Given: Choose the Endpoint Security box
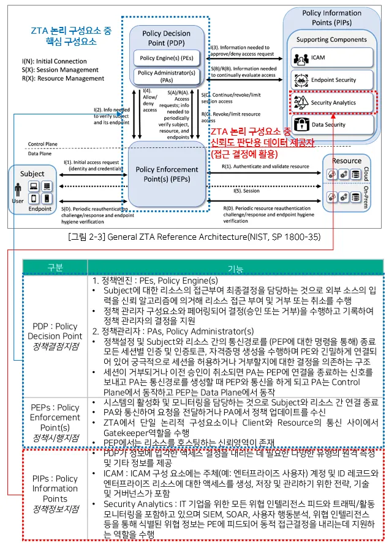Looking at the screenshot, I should click(x=331, y=80).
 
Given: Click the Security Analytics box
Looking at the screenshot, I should click(x=331, y=102).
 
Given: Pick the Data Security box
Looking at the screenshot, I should click(x=331, y=124).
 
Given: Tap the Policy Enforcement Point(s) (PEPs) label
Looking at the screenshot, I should click(x=167, y=175).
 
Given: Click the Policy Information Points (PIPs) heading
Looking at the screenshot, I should click(x=331, y=17).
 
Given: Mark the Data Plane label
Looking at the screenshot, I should click(x=40, y=153).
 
